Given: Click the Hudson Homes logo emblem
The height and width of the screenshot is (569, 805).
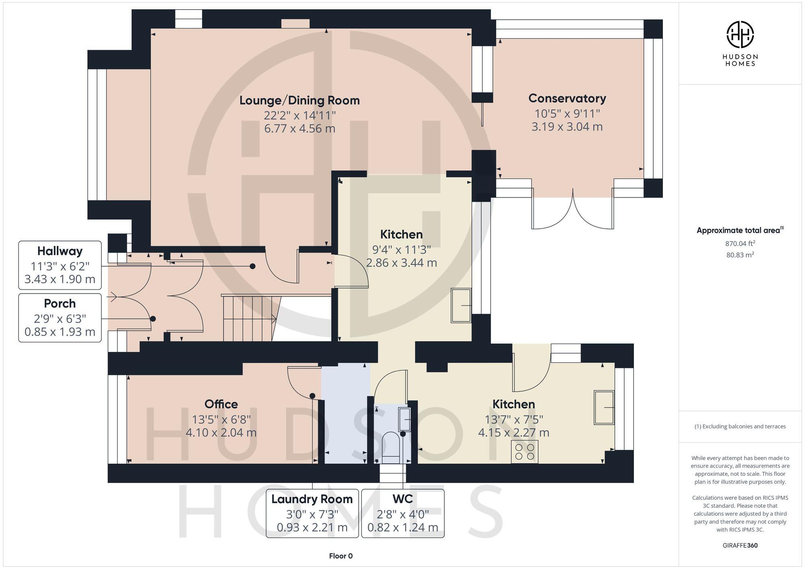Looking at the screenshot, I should [740, 35].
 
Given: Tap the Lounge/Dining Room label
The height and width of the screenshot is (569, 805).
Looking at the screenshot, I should [299, 100].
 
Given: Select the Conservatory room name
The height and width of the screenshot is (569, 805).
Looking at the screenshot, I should [567, 98].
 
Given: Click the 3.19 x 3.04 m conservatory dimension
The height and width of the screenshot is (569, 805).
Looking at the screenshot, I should [567, 127].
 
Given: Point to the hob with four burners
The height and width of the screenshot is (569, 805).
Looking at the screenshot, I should [524, 452].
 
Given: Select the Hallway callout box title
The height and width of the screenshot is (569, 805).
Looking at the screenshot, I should [60, 251].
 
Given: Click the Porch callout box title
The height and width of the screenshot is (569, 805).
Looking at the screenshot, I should [60, 303].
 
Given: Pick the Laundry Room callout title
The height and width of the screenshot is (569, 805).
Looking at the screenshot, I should [312, 499].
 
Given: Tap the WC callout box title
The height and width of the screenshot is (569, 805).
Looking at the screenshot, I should [402, 499].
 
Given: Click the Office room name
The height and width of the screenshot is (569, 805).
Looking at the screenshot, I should [221, 404].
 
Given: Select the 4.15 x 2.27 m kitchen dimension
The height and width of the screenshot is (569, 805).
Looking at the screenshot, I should [514, 433].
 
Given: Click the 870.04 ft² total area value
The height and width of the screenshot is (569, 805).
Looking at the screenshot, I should [740, 243].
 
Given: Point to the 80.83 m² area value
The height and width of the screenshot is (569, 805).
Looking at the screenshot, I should [740, 255].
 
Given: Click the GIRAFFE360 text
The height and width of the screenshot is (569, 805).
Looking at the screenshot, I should [740, 545].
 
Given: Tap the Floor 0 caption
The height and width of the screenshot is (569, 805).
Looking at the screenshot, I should [341, 556].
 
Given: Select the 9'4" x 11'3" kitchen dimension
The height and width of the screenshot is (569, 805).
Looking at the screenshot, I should [401, 250].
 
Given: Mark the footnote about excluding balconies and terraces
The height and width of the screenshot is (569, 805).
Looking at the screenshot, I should [740, 426].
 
